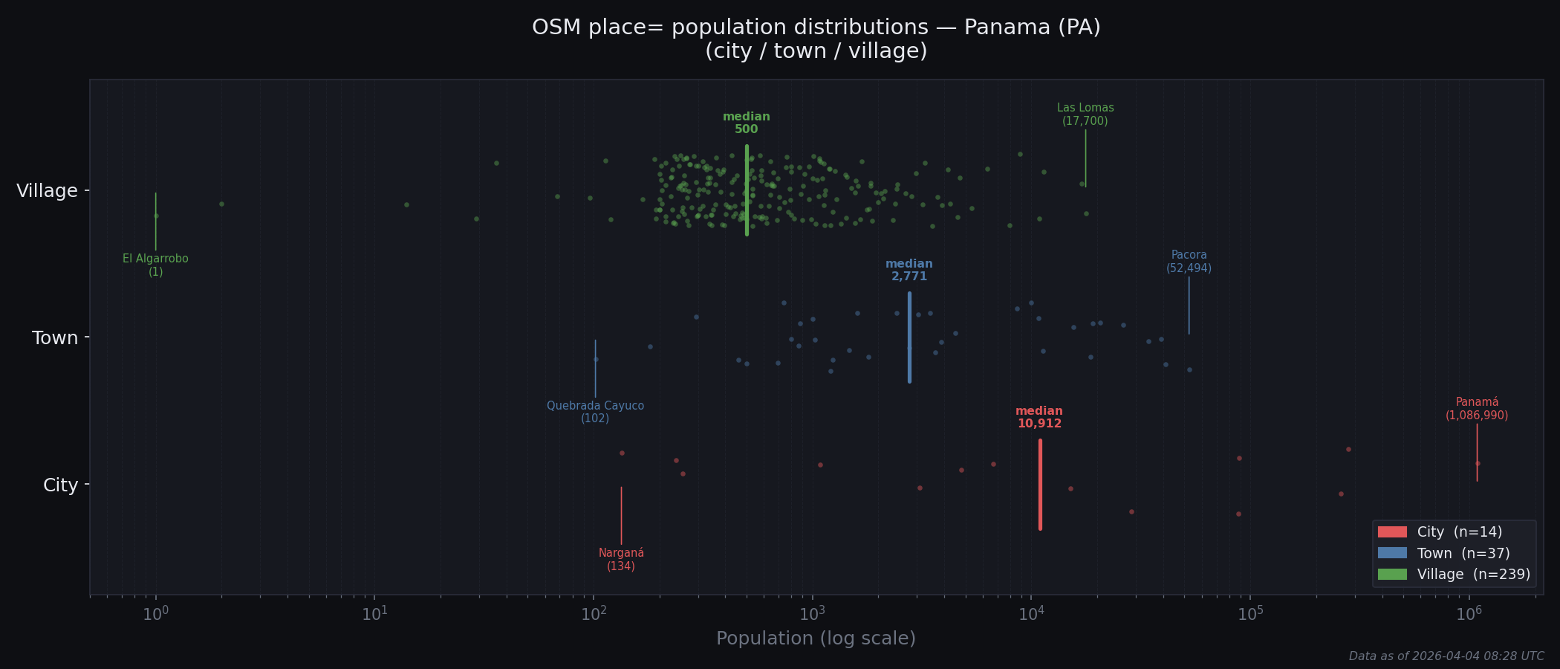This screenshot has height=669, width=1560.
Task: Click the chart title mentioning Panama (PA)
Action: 816,39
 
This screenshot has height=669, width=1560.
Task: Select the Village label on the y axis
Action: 47,191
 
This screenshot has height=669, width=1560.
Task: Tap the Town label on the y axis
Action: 55,338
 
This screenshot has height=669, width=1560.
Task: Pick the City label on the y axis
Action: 60,485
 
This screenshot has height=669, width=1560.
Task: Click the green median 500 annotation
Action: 746,123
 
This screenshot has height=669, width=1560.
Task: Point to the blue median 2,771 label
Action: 909,271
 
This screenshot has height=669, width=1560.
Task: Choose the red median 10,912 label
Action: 1039,418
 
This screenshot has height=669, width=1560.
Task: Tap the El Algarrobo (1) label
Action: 155,265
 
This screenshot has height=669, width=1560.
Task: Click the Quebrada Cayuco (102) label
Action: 595,413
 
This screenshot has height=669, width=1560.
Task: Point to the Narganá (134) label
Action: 621,560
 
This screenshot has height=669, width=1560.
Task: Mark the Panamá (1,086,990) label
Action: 1476,410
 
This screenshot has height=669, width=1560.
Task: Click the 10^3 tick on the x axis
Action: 812,614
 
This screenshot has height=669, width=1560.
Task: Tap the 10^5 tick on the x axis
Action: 1250,614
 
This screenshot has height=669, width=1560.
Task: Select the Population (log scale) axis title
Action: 816,639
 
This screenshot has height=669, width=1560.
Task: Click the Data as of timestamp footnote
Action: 1446,656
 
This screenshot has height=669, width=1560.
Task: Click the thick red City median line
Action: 1040,485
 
